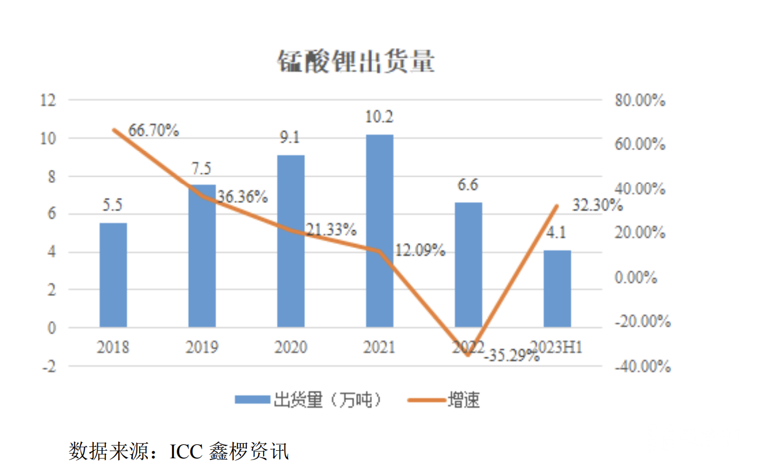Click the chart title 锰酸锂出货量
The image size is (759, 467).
click(355, 62)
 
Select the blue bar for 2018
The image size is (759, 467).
click(113, 275)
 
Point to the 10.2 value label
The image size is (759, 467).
click(379, 118)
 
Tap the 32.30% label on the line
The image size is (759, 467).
click(597, 205)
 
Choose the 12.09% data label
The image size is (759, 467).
click(420, 250)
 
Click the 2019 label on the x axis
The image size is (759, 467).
click(202, 348)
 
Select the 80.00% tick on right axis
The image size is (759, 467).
click(639, 101)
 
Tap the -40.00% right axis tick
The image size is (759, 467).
click(641, 366)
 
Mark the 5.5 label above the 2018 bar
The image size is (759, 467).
click(113, 206)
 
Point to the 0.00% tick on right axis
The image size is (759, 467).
click(636, 278)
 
